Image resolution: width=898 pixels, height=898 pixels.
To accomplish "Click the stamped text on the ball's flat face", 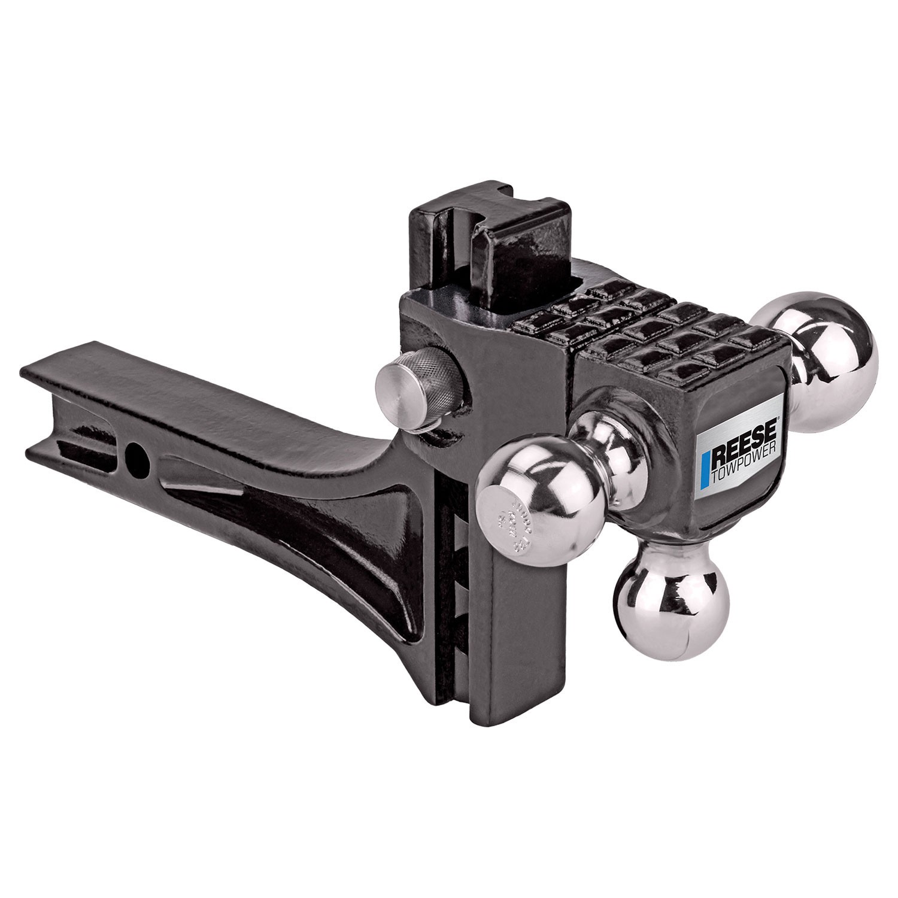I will point(509,515).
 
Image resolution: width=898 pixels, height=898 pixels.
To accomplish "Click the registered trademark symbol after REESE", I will point(778,418).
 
